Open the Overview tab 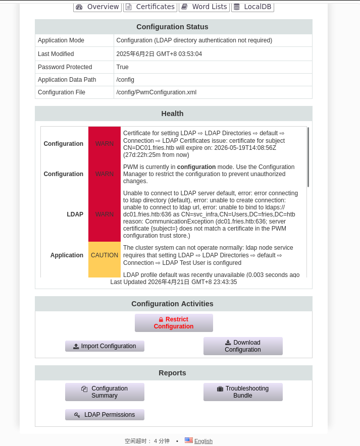[97, 7]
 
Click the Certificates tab [150, 7]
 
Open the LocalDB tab [252, 7]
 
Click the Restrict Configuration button [174, 323]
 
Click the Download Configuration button [243, 346]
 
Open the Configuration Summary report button [105, 392]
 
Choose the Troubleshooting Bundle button [243, 392]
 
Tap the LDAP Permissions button [105, 415]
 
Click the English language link [203, 441]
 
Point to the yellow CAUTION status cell [105, 256]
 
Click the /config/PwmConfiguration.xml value [156, 92]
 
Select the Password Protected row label [65, 67]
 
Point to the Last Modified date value [159, 54]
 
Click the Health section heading [173, 114]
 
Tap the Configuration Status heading [173, 27]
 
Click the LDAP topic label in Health [75, 214]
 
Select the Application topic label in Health [67, 255]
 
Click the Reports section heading [173, 373]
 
